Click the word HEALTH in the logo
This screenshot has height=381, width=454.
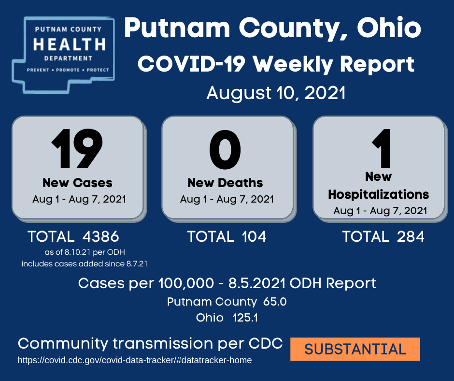(70, 44)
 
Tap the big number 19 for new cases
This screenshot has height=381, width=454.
(77, 148)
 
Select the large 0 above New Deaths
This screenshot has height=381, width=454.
(225, 149)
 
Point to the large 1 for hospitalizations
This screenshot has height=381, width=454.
(382, 148)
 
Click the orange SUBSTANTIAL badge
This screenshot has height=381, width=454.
(355, 349)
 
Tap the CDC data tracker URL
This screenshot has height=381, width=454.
(135, 360)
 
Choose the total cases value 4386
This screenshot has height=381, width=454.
(101, 236)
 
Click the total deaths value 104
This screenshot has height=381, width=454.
(254, 236)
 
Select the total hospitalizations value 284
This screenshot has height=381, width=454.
(411, 236)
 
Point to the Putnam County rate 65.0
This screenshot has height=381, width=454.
(275, 302)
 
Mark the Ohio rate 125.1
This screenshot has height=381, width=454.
(245, 318)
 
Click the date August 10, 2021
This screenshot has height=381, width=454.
(276, 93)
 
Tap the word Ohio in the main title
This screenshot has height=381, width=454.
(389, 28)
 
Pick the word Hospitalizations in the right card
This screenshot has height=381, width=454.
(379, 194)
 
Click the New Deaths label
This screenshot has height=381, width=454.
(225, 183)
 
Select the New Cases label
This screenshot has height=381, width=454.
(77, 183)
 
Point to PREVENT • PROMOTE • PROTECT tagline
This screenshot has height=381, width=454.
(68, 70)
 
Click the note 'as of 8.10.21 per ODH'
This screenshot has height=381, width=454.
(85, 252)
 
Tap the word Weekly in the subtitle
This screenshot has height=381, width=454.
(293, 64)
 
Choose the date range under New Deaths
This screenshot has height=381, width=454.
(227, 199)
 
